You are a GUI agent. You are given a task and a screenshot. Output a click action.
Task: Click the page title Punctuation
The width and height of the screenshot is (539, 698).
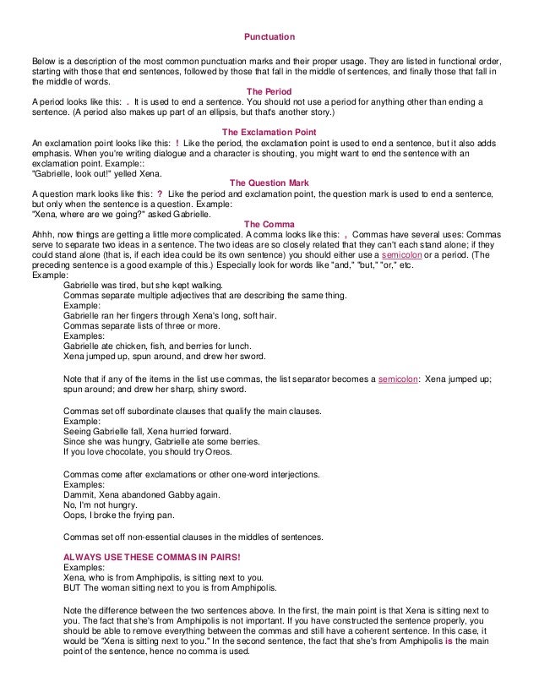[x=269, y=39]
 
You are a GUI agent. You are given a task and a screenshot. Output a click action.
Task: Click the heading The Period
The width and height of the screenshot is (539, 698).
[x=269, y=91]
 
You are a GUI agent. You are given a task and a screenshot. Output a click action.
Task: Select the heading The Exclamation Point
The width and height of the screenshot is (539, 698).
[x=269, y=132]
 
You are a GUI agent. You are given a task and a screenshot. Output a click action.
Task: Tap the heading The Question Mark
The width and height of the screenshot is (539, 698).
[x=269, y=183]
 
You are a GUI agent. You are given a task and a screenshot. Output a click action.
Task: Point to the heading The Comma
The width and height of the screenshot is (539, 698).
[x=269, y=223]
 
